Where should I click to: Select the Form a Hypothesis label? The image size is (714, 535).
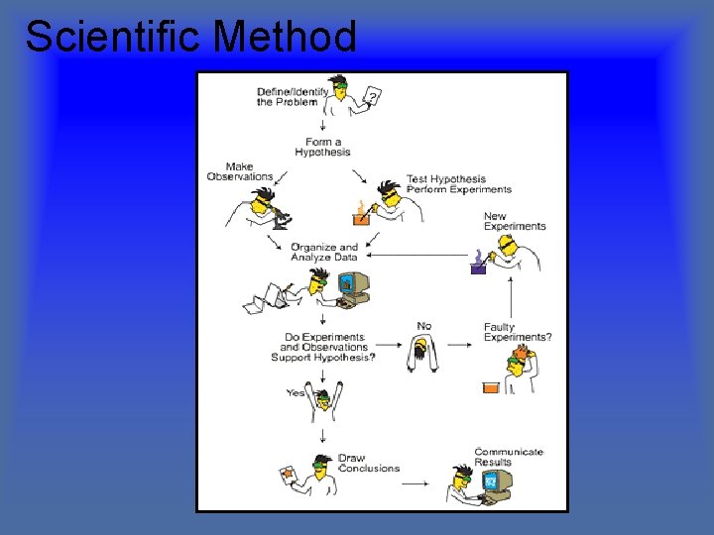point(322,148)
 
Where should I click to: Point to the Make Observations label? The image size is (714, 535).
point(240,171)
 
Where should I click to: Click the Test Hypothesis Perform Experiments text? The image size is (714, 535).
point(458,184)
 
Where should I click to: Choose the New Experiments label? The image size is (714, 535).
point(514,221)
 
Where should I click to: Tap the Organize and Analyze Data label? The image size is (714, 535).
point(324,252)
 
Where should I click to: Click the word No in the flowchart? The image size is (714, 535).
point(424,325)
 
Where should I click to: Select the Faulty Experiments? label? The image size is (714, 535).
point(518,333)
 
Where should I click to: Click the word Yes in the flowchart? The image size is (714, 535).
point(296,393)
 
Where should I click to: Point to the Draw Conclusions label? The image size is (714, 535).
point(368,464)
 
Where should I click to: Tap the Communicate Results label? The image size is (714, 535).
point(508,457)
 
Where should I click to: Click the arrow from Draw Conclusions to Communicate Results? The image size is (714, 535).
point(415,483)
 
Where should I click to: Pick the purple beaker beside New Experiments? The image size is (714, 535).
point(478,264)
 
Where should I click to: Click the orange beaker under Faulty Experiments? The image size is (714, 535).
point(490,387)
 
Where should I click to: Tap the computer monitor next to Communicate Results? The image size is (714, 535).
point(492,481)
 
